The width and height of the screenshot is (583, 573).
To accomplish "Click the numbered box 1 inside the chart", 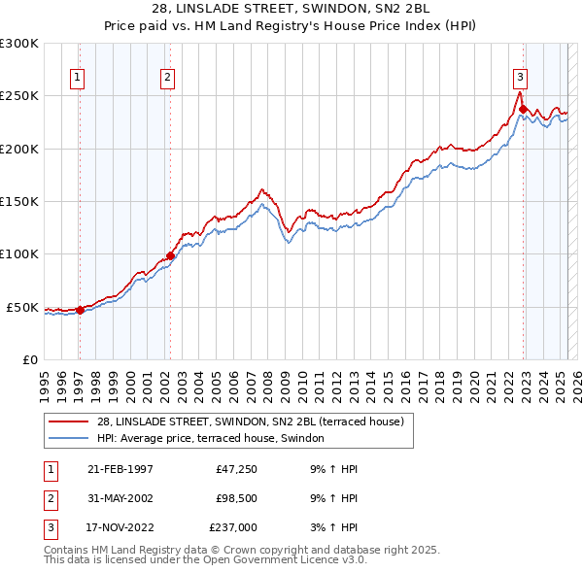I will pos(77,79).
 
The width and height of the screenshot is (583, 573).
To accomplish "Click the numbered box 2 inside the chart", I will pos(168,79).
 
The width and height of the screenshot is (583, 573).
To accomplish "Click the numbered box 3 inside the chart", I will pos(520,79).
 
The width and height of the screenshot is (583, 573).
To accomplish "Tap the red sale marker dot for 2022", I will pos(523,110).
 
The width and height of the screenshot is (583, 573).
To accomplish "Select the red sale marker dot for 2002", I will pos(170,256).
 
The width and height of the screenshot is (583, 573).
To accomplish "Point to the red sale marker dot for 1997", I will pos(81,310).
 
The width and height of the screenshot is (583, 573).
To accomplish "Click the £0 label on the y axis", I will pos(28,359).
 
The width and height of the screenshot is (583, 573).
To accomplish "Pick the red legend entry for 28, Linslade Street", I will pos(257,421).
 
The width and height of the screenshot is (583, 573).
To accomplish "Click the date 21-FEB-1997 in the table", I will pos(120,469).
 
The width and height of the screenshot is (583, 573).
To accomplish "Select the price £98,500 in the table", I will pos(233,498).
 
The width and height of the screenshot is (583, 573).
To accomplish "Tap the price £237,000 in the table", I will pos(233,527).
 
